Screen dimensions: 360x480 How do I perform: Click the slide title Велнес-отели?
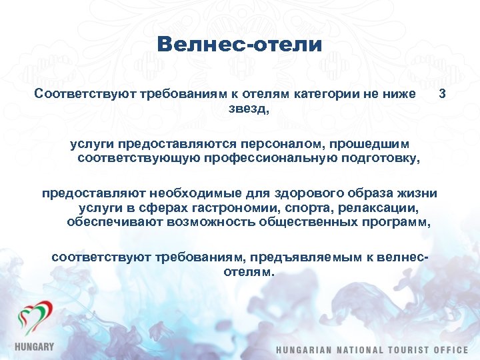240,45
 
